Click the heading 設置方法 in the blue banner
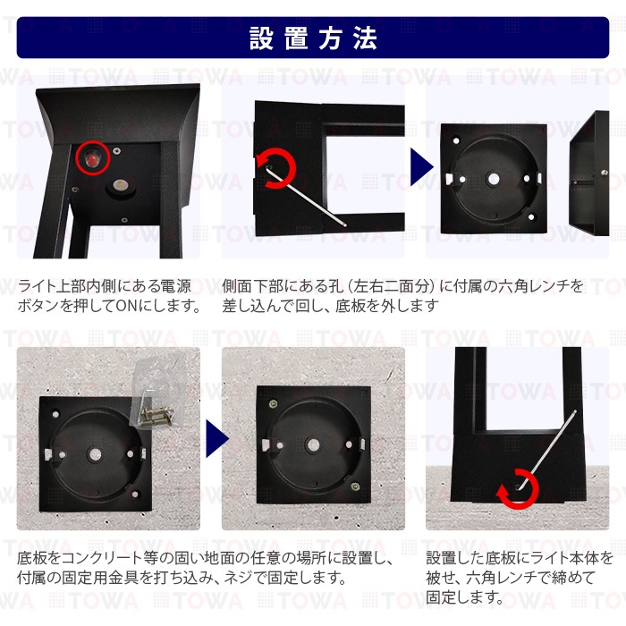click(x=313, y=38)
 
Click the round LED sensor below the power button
click(x=119, y=185)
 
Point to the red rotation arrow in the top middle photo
click(x=275, y=168)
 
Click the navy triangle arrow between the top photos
click(x=422, y=167)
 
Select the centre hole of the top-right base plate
click(x=494, y=179)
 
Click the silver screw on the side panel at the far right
click(x=605, y=173)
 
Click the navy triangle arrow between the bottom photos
click(x=217, y=438)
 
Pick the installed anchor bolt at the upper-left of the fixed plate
click(x=273, y=404)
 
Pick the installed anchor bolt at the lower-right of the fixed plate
click(x=354, y=486)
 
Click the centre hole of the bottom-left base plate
click(x=95, y=454)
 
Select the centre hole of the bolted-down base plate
click(x=313, y=444)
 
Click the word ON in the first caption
click(x=127, y=306)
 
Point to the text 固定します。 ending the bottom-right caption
click(x=465, y=597)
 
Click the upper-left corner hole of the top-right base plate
click(x=456, y=140)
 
